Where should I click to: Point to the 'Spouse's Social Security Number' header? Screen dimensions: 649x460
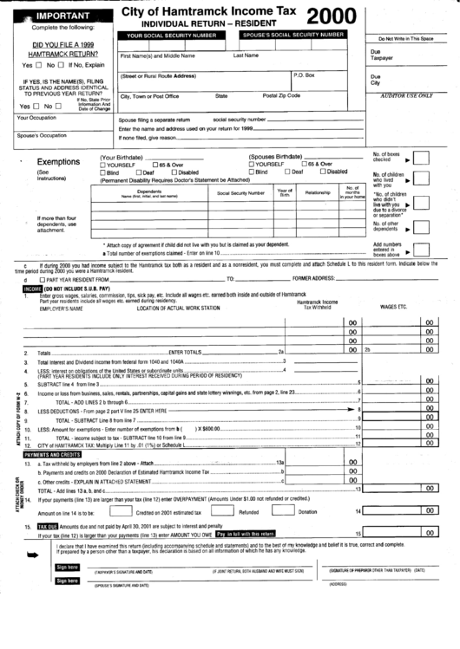pyautogui.click(x=292, y=36)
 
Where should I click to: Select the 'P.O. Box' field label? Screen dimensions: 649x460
pyautogui.click(x=305, y=75)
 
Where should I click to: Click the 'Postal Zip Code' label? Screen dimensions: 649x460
pyautogui.click(x=282, y=96)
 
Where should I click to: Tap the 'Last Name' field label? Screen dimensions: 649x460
pyautogui.click(x=246, y=55)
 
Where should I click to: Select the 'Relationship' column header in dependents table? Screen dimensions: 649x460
pyautogui.click(x=318, y=192)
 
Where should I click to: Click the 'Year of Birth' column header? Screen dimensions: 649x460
pyautogui.click(x=285, y=192)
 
